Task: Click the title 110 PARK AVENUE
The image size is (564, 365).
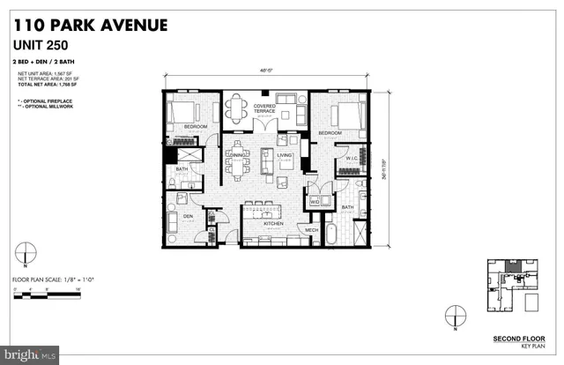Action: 90,24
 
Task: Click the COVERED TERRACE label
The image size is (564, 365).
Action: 265,110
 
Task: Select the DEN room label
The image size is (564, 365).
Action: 188,214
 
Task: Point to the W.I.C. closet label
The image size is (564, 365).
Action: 349,159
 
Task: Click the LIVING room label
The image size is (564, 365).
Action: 284,155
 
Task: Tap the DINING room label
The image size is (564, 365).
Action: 236,156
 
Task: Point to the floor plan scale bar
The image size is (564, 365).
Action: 48,290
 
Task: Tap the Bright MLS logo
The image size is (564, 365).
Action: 28,354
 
